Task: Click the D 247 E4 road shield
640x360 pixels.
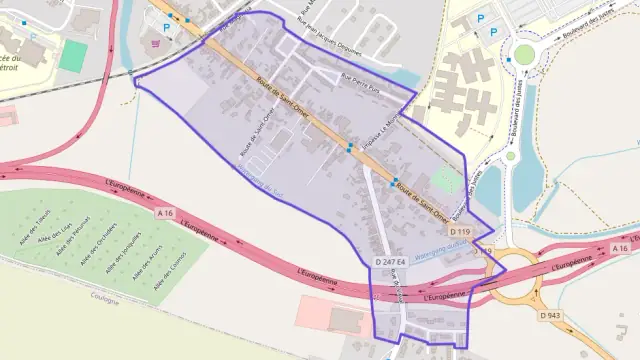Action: pyautogui.click(x=389, y=262)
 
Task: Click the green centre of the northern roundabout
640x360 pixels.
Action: pyautogui.click(x=523, y=53)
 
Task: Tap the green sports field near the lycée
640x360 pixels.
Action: pyautogui.click(x=72, y=56)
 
